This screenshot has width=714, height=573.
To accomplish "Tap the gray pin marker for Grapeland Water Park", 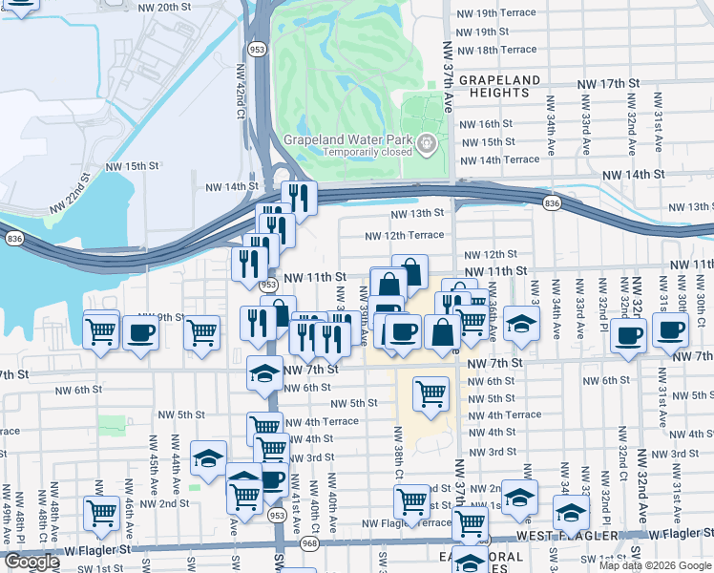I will [427, 144].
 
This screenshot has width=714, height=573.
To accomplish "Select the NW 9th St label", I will [158, 317].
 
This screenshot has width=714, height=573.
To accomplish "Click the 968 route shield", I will [310, 543].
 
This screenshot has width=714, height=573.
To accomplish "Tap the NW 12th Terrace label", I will [404, 235].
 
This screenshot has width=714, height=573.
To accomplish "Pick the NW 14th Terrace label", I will [500, 159].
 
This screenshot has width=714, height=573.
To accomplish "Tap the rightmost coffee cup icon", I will [669, 330].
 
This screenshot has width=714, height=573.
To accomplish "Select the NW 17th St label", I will [608, 84].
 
